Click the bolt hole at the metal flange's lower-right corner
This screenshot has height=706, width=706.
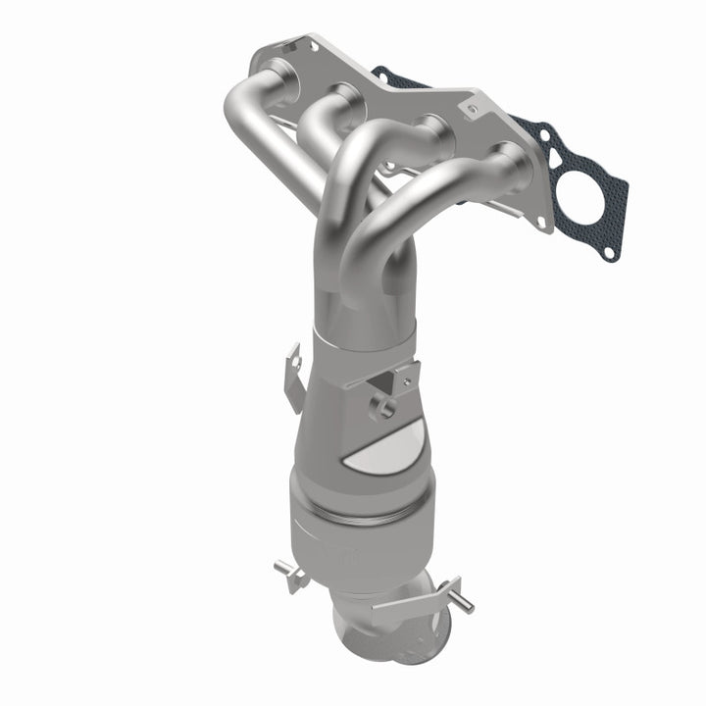541,222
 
